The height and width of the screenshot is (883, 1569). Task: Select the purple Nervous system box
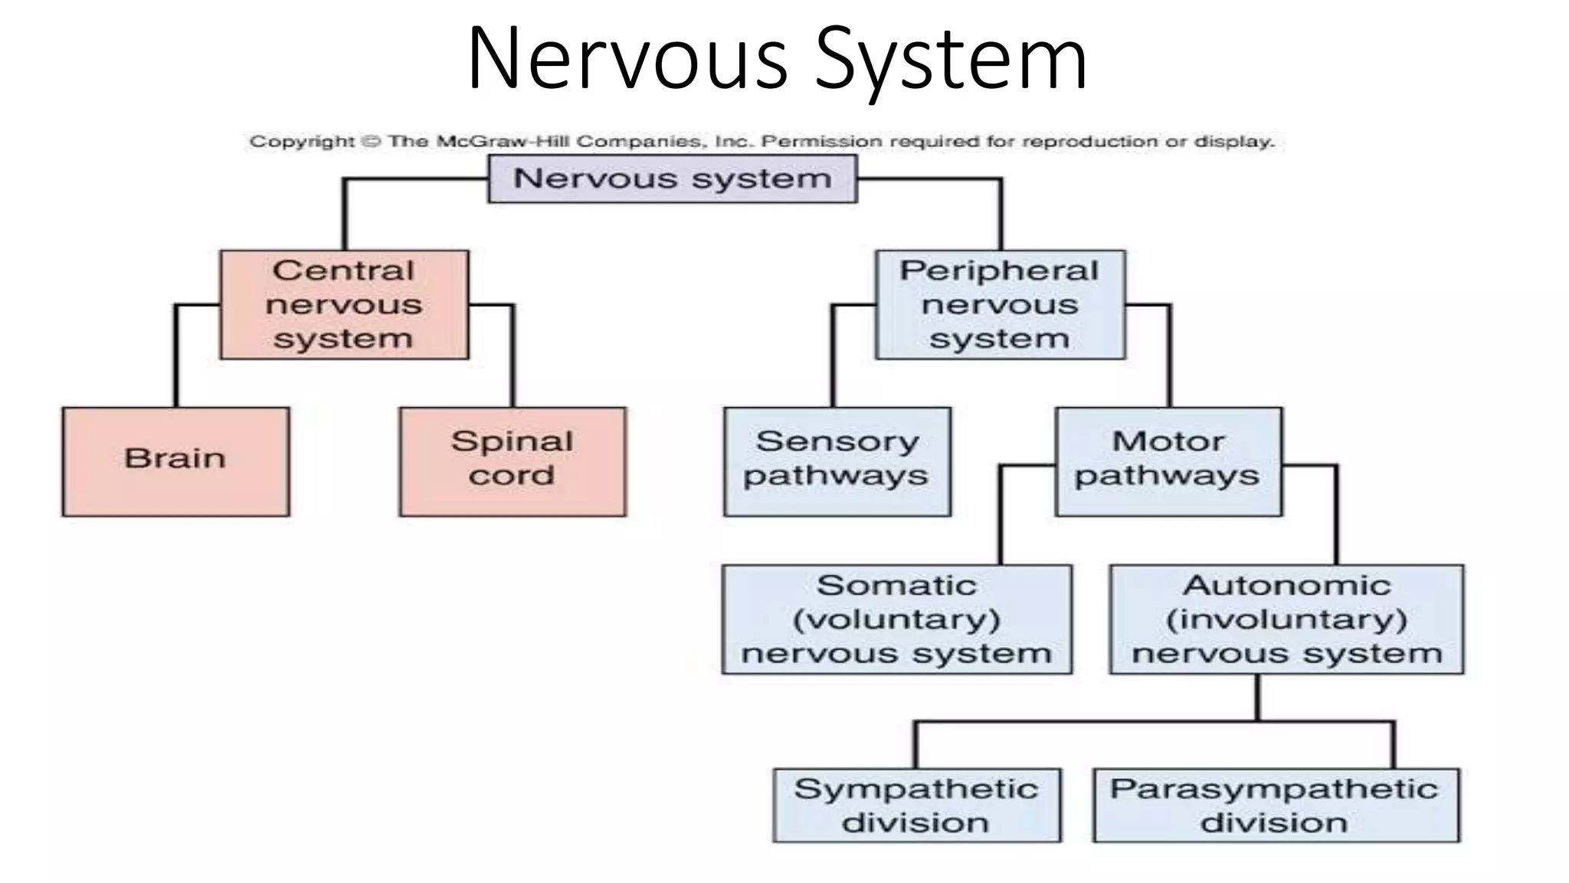[673, 179]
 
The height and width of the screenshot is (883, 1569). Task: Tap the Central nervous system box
[344, 304]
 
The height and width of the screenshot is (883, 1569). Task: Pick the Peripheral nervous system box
[1000, 304]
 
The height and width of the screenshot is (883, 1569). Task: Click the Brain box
[175, 461]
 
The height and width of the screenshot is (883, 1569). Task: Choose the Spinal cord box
[512, 461]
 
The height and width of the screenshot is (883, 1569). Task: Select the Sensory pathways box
[837, 461]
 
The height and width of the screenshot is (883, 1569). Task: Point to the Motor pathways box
[1168, 461]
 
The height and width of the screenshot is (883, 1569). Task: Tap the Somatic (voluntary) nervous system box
[896, 619]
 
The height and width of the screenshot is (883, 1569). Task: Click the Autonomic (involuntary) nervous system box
[1286, 619]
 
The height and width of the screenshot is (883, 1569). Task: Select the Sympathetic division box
[916, 805]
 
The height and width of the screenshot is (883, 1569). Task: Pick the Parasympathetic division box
[1276, 805]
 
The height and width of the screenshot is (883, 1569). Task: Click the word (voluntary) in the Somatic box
[896, 619]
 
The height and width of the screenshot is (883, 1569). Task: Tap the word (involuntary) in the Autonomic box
[1286, 619]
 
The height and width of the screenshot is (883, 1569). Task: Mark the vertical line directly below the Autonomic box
[1257, 697]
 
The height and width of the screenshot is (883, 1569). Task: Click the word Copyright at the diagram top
[302, 142]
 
